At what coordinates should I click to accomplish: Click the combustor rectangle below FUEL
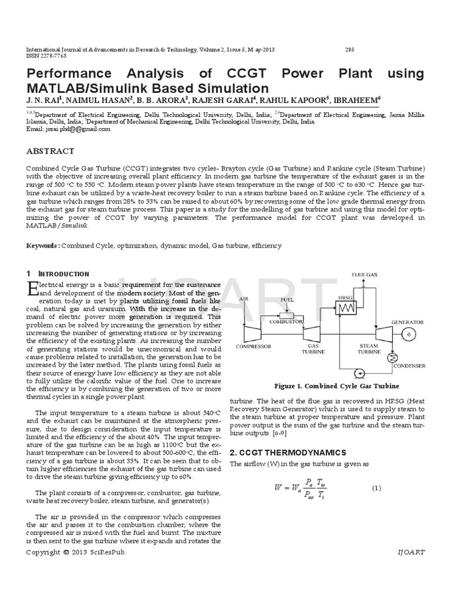pos(287,315)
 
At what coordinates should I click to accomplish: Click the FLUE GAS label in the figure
pos(364,275)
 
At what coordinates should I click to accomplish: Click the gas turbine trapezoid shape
pos(310,333)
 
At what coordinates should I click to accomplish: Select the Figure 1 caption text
pos(337,386)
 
